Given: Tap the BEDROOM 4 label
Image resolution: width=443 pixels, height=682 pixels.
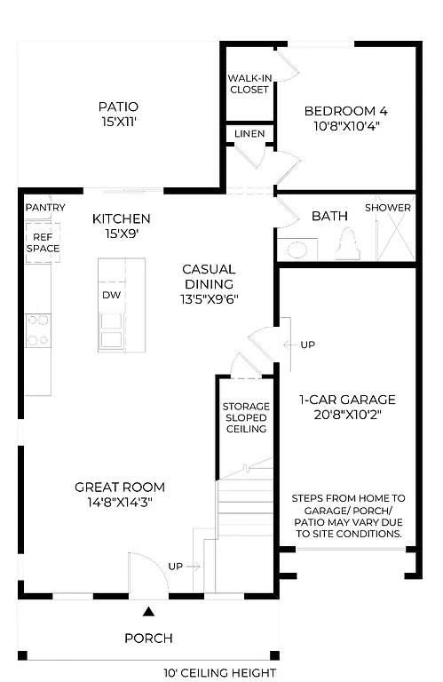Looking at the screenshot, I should coord(345,111).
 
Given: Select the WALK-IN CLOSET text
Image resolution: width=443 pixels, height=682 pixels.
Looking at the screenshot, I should coord(249,83).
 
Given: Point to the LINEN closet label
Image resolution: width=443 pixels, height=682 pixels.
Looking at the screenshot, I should coord(249,133).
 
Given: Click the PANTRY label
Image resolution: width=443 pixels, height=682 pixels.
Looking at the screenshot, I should coord(44,208).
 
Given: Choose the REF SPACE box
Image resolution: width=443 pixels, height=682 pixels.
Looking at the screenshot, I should coord(43,242).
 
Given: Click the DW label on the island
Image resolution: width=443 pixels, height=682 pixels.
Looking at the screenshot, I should coord(111,295).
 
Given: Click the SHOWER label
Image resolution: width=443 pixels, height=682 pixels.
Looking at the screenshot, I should coord(388,208).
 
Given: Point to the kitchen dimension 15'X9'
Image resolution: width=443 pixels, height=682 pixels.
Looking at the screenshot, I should coord(122,234).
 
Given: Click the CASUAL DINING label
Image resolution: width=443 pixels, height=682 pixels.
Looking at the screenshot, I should coord(209,276).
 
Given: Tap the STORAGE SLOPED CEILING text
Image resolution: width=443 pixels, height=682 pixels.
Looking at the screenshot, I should coord(245,417).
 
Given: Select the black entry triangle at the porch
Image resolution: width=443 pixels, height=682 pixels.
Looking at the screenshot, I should coord(149,611).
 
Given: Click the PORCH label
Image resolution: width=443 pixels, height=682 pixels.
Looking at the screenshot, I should coord(148,638).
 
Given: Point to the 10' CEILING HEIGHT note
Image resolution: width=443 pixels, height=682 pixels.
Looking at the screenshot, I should coord(219,673).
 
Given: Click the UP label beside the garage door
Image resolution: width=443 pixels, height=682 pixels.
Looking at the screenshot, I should coord(307,345).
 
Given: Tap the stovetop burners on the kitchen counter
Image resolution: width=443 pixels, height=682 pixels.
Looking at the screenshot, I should coord(37,329).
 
